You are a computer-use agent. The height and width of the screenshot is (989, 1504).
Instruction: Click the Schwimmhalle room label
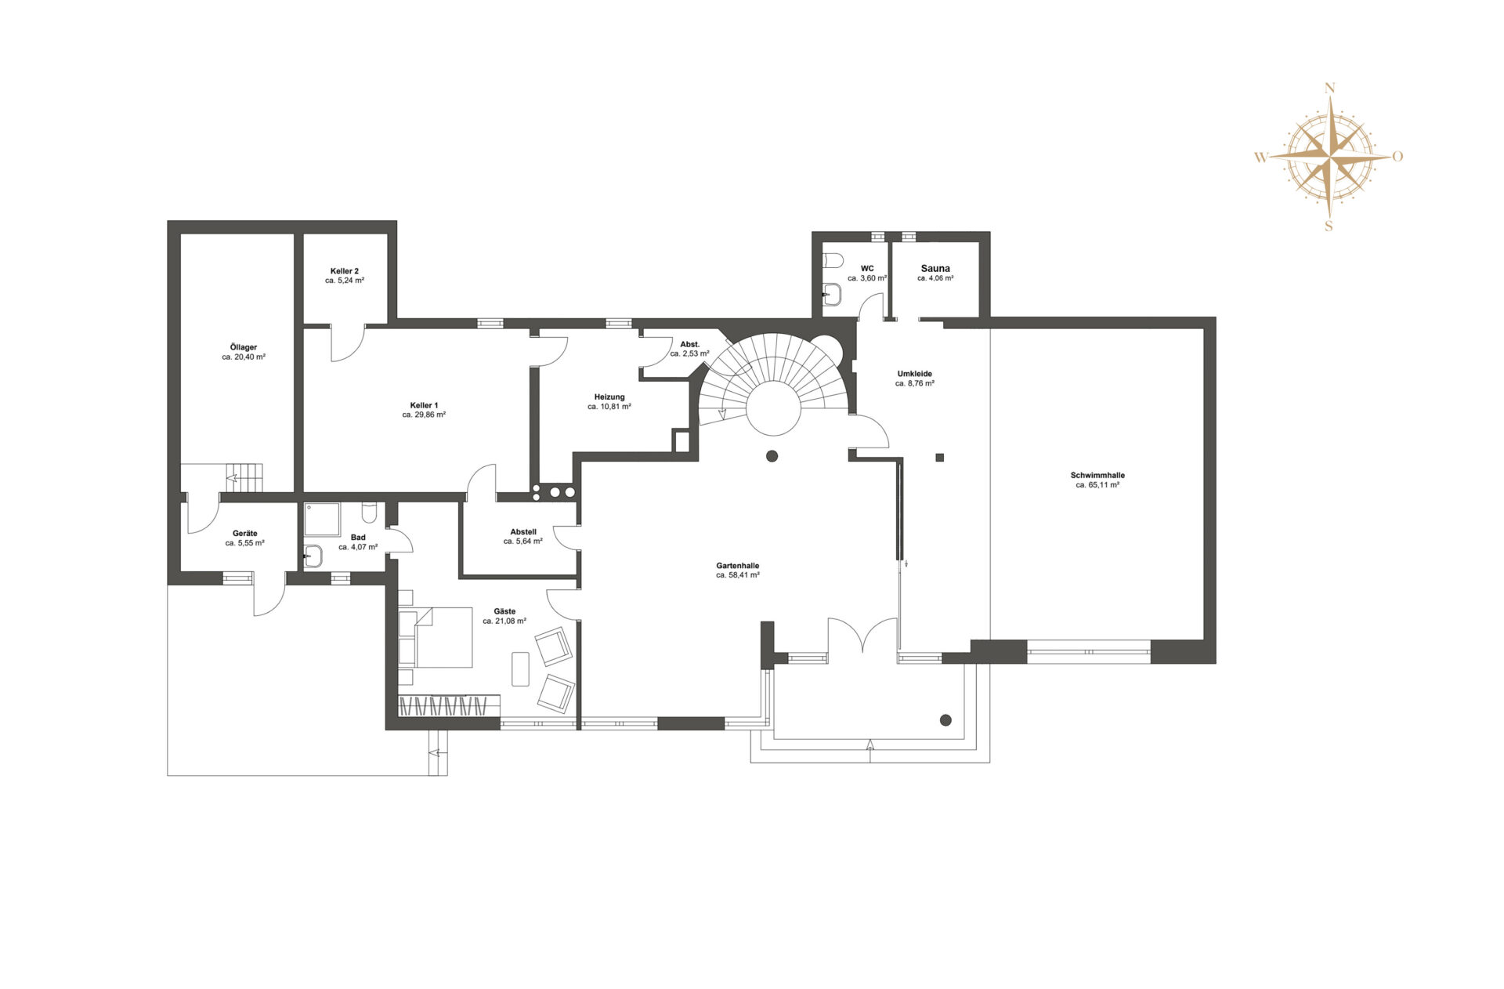(x=1097, y=475)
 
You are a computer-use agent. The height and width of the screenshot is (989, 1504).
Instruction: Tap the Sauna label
(x=935, y=268)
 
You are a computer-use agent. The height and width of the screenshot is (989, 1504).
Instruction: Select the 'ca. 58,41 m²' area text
(x=738, y=575)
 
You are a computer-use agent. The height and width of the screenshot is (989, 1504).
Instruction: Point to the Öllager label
(x=244, y=347)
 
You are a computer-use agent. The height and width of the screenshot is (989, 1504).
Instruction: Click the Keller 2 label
(x=345, y=271)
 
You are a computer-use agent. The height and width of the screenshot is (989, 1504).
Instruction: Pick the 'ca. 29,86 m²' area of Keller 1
(x=424, y=415)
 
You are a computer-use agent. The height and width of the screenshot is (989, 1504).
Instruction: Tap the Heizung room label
(x=609, y=397)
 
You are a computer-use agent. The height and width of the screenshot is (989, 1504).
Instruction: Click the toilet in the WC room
(x=831, y=259)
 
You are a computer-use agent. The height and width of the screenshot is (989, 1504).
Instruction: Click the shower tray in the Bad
(x=322, y=520)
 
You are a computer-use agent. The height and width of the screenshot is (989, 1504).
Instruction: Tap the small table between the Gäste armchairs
(x=520, y=668)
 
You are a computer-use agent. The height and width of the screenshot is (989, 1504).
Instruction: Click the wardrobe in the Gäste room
(x=449, y=705)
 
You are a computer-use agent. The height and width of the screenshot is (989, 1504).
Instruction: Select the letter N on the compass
(x=1329, y=89)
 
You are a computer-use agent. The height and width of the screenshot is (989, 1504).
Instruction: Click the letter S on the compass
(x=1329, y=226)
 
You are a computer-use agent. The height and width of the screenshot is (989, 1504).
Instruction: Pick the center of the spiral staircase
(x=773, y=408)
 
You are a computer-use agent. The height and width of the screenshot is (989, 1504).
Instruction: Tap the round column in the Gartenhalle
(x=772, y=456)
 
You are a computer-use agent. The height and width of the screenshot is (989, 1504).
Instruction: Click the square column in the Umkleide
(x=940, y=458)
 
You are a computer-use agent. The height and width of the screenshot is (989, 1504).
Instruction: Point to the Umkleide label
(x=915, y=374)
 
